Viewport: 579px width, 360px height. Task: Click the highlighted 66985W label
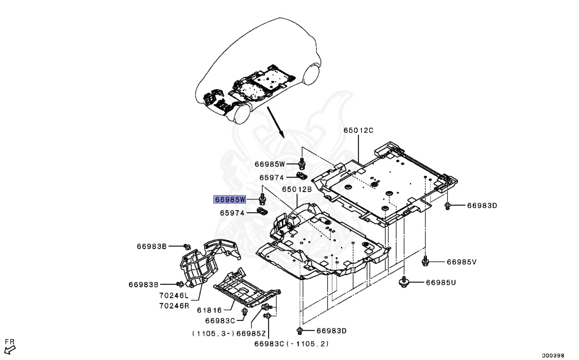click(230, 199)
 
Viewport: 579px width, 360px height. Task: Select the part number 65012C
click(358, 131)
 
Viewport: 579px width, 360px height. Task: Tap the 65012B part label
click(297, 189)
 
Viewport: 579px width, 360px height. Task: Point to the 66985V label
click(462, 262)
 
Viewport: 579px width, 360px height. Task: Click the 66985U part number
click(440, 281)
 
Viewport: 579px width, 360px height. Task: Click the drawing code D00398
click(553, 355)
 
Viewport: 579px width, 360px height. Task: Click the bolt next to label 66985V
click(426, 261)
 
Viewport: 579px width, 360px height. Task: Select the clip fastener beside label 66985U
click(404, 281)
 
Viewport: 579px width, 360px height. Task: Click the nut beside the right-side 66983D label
click(447, 205)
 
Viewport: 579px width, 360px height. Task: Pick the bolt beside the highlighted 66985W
click(262, 199)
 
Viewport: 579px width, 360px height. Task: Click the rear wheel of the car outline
click(312, 76)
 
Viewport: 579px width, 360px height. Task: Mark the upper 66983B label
click(152, 246)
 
